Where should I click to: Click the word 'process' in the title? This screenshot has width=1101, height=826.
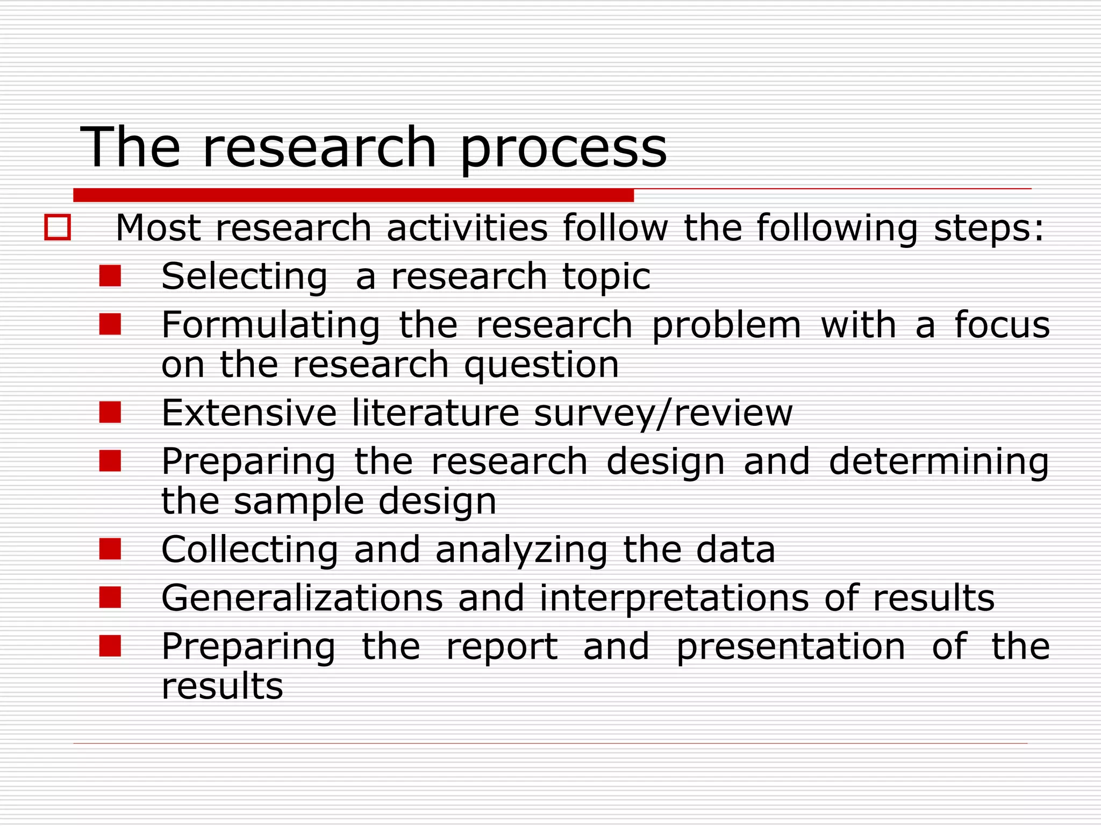tap(563, 148)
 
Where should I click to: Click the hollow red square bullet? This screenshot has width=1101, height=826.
tap(58, 227)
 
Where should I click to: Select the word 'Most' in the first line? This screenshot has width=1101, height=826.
tap(158, 227)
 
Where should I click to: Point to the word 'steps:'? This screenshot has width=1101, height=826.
tap(989, 227)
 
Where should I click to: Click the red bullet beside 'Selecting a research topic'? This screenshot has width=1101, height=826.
tap(110, 276)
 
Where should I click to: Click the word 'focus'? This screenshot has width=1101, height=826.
tap(1002, 325)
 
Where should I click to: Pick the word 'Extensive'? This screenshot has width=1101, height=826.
tap(249, 413)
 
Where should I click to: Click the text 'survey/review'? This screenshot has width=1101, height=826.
tap(663, 414)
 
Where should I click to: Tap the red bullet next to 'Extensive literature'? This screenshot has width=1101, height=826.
tap(110, 412)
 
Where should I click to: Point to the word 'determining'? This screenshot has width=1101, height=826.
tap(939, 462)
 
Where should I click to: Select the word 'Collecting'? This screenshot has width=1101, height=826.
tap(250, 550)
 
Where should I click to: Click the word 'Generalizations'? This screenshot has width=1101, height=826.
tap(302, 598)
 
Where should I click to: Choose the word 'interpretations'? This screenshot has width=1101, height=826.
tap(674, 599)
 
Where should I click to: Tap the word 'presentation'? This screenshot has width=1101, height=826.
tap(790, 647)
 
